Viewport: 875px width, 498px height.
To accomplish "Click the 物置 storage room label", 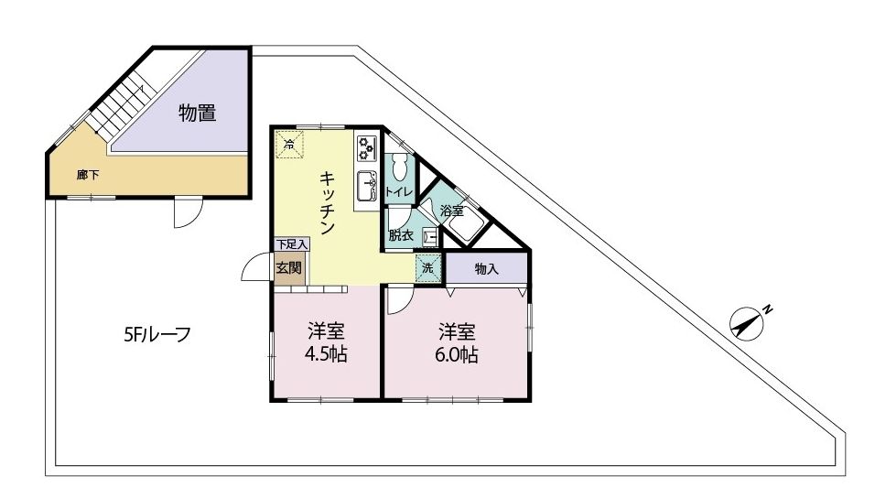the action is click(198, 113).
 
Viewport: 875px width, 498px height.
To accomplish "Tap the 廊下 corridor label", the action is click(88, 175).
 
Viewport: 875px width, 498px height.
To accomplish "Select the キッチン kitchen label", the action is click(327, 202).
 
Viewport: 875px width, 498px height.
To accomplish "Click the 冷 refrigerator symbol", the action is click(289, 145).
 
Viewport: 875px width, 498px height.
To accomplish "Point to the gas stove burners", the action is click(367, 148).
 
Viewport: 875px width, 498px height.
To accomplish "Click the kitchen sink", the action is click(367, 186).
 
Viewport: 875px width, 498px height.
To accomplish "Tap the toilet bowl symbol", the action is click(400, 166).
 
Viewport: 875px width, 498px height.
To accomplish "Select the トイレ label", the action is click(399, 192).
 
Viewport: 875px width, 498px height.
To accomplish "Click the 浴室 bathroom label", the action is click(452, 211).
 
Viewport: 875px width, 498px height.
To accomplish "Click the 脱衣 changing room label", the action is click(401, 235).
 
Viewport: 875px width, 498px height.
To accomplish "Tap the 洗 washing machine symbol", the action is click(428, 267).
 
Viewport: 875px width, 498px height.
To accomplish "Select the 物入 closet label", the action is click(486, 268).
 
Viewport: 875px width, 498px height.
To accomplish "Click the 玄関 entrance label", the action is click(288, 268).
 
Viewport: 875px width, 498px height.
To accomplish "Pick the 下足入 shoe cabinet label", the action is click(292, 244).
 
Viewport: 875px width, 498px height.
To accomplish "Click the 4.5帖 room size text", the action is click(325, 354).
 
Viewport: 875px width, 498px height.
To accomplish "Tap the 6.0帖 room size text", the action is click(457, 355).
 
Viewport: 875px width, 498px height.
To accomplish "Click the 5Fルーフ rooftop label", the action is click(157, 334).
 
